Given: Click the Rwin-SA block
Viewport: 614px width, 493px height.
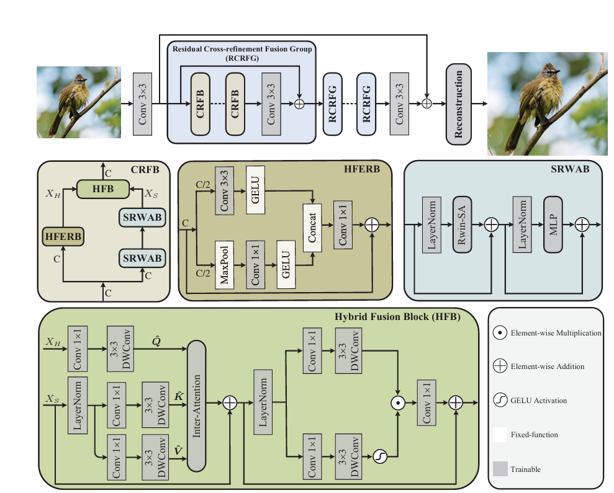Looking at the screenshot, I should (x=462, y=225).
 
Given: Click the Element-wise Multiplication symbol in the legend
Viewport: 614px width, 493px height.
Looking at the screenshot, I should (x=499, y=333).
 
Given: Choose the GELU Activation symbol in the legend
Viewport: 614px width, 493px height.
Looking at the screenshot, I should (x=499, y=401).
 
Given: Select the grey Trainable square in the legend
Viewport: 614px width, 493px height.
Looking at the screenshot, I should (x=499, y=469).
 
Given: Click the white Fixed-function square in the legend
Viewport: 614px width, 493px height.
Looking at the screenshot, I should (x=499, y=435).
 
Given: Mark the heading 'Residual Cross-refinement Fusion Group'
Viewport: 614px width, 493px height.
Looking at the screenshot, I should (x=242, y=48).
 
